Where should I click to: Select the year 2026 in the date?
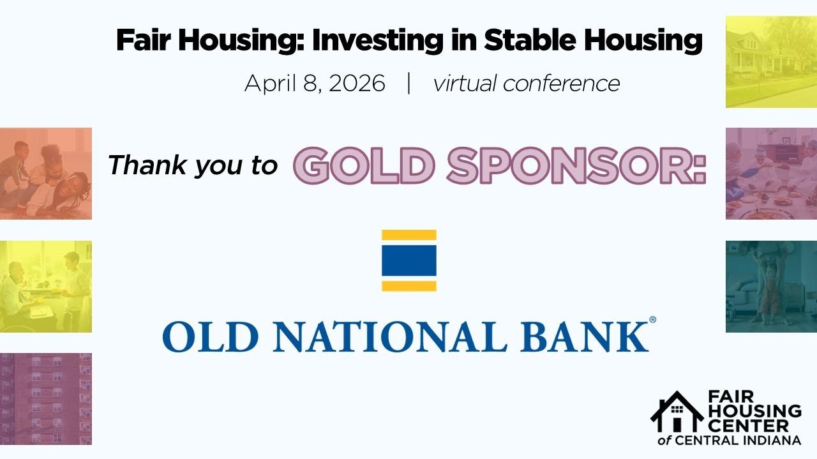357,83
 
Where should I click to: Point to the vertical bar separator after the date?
409,83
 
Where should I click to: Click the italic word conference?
561,84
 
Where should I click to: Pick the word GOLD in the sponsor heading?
364,165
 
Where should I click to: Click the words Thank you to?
193,165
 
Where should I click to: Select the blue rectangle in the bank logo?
409,260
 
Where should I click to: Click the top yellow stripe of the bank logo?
409,235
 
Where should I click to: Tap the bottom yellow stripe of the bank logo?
409,287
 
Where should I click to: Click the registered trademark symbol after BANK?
652,320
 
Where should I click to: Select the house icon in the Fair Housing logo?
677,412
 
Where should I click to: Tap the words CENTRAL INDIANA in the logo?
738,440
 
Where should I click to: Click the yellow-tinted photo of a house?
772,62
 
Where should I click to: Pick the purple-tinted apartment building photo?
46,399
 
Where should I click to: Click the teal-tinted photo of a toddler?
772,287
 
